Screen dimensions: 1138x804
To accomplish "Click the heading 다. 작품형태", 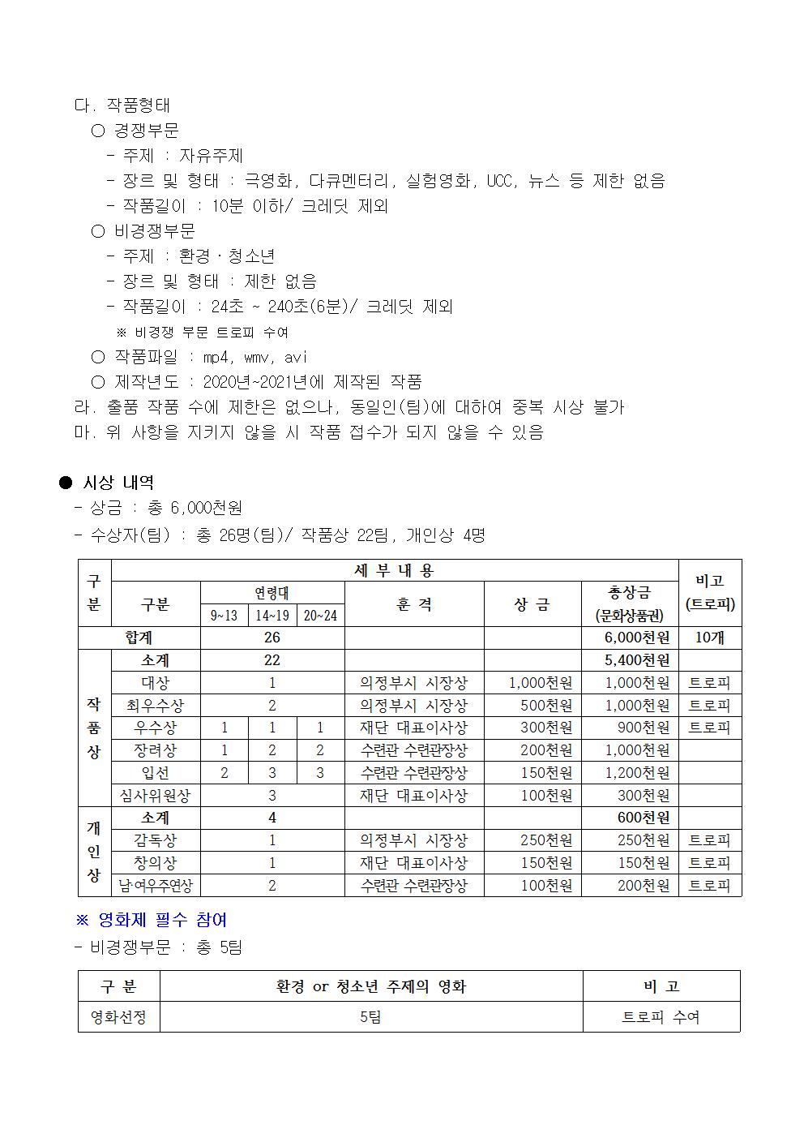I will (x=122, y=105).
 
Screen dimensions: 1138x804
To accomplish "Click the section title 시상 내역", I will (x=118, y=483).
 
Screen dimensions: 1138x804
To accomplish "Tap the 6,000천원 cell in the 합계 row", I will (x=637, y=638).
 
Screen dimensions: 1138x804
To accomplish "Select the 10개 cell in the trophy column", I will (x=709, y=638).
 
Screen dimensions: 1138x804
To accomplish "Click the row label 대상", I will (x=155, y=683).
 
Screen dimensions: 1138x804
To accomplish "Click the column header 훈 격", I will (x=414, y=604).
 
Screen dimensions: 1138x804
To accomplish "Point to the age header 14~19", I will (x=272, y=616).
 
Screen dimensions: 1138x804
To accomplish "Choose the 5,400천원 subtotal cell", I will (x=637, y=660).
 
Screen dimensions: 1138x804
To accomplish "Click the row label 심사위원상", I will (x=155, y=796).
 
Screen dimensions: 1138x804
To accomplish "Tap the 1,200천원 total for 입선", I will (x=637, y=773).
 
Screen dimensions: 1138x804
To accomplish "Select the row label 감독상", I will (x=155, y=840).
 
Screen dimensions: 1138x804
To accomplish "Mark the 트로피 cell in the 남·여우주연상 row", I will (x=709, y=886).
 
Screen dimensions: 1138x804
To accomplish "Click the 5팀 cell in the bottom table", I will (x=370, y=1016).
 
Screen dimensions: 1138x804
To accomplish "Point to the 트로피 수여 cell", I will (x=661, y=1016).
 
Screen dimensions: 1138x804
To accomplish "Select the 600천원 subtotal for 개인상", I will (x=644, y=818).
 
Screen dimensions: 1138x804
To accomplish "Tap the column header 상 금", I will (x=532, y=604).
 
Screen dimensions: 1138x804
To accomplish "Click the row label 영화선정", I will (x=118, y=1016).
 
